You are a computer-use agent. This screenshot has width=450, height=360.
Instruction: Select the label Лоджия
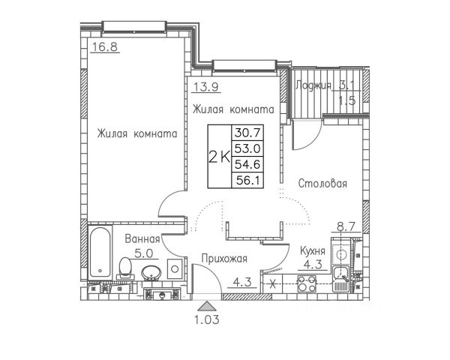click(313, 85)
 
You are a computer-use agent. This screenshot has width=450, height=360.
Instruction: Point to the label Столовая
click(322, 183)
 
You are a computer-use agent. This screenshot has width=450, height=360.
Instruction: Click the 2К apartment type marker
click(219, 156)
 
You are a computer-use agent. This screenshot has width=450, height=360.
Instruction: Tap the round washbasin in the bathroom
click(151, 272)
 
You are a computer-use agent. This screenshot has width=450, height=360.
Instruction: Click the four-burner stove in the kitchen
click(307, 283)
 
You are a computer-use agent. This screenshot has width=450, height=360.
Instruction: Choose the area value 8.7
click(346, 223)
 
